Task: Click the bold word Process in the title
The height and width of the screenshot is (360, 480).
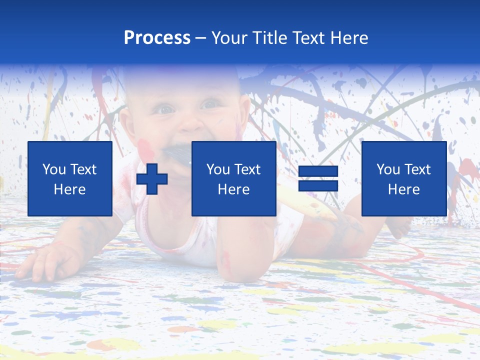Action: click(x=157, y=38)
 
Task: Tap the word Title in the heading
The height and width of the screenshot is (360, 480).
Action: click(x=270, y=38)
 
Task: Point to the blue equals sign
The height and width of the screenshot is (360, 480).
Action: click(x=318, y=178)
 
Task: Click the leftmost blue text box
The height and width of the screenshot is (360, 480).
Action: click(x=70, y=178)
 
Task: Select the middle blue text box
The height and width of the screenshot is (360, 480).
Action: click(x=233, y=178)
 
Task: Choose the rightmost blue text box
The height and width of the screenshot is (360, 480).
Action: click(x=403, y=178)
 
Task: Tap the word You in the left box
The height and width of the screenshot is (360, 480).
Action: click(x=54, y=169)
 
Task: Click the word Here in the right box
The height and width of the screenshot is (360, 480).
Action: click(x=403, y=189)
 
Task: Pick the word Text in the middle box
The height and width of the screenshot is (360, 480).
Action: click(x=247, y=169)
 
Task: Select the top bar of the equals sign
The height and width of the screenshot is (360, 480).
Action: click(x=318, y=171)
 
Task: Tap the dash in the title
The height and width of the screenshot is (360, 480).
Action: click(x=200, y=38)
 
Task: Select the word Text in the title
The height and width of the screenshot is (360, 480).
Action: click(x=307, y=38)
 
